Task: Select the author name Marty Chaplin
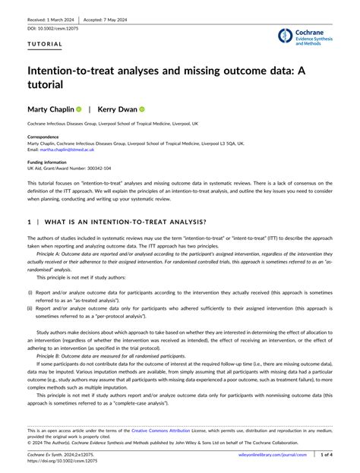click(50, 109)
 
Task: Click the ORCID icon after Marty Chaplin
click(78, 109)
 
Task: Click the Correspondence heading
click(44, 137)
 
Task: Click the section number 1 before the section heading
click(29, 222)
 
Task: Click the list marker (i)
click(30, 292)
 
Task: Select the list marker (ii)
click(31, 307)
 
